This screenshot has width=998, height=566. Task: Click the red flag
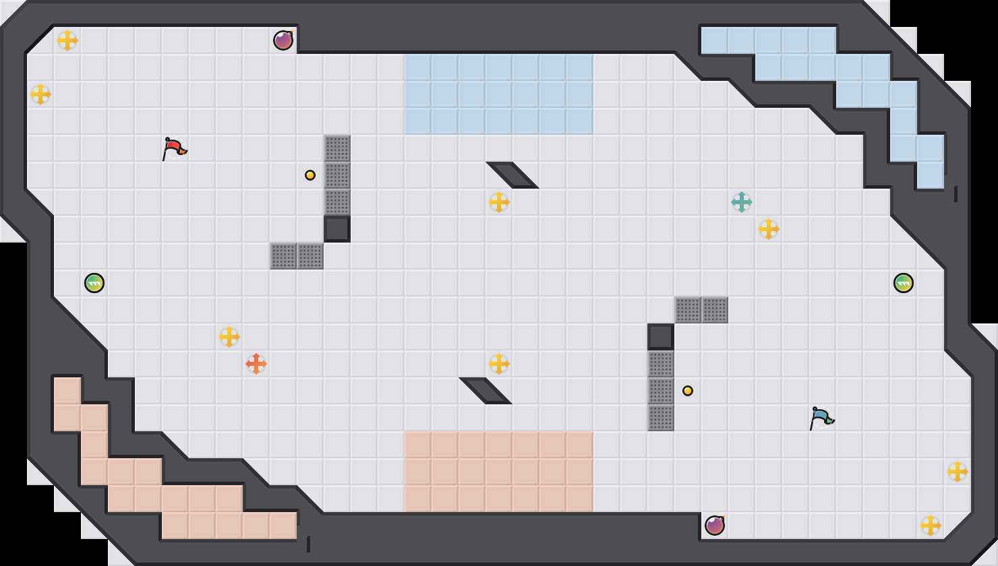(x=173, y=148)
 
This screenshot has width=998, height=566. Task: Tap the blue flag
(x=821, y=417)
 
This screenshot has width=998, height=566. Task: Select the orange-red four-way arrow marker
(x=256, y=364)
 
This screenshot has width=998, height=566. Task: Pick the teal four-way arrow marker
(x=742, y=202)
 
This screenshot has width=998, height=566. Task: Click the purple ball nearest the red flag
(x=283, y=40)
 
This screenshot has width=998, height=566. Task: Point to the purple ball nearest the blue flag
(x=715, y=526)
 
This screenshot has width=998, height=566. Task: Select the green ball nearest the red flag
(x=94, y=283)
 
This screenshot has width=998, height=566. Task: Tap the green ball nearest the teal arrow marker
(x=904, y=283)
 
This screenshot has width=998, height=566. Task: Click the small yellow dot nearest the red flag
(x=310, y=175)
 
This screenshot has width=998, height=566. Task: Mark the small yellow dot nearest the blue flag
(x=688, y=391)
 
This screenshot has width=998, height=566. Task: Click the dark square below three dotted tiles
(x=337, y=229)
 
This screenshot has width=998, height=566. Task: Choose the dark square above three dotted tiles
(x=661, y=337)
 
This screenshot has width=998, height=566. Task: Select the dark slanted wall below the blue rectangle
(x=512, y=175)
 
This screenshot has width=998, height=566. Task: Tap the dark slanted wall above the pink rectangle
(x=486, y=391)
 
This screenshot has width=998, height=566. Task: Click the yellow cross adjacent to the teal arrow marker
(x=769, y=229)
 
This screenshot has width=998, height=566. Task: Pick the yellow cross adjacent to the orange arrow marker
(x=229, y=337)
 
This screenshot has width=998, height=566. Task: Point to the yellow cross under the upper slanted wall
(x=499, y=202)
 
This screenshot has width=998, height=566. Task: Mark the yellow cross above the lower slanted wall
(x=499, y=364)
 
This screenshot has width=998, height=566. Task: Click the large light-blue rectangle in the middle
(x=499, y=94)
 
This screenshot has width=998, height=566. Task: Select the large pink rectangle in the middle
(x=499, y=472)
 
